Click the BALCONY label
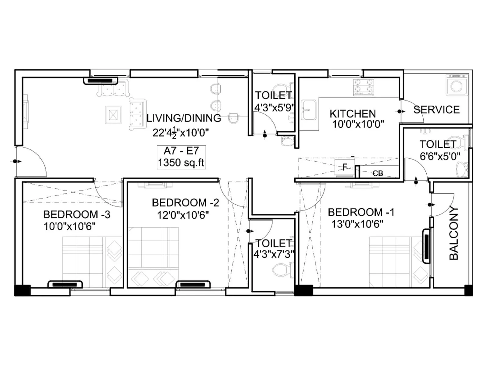click(x=454, y=233)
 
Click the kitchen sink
click(x=309, y=110)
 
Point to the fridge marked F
click(x=345, y=167)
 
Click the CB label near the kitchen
click(x=378, y=173)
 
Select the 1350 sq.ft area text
click(x=181, y=163)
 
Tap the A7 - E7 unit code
click(x=181, y=151)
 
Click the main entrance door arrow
click(x=16, y=161)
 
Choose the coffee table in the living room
click(x=113, y=115)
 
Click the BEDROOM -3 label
click(x=77, y=214)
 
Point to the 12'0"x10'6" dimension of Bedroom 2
click(x=183, y=215)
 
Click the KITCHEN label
click(x=353, y=114)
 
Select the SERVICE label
click(x=436, y=109)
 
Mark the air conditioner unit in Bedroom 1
click(x=426, y=246)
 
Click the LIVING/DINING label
click(x=184, y=118)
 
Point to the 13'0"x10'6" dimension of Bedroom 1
click(x=357, y=224)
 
